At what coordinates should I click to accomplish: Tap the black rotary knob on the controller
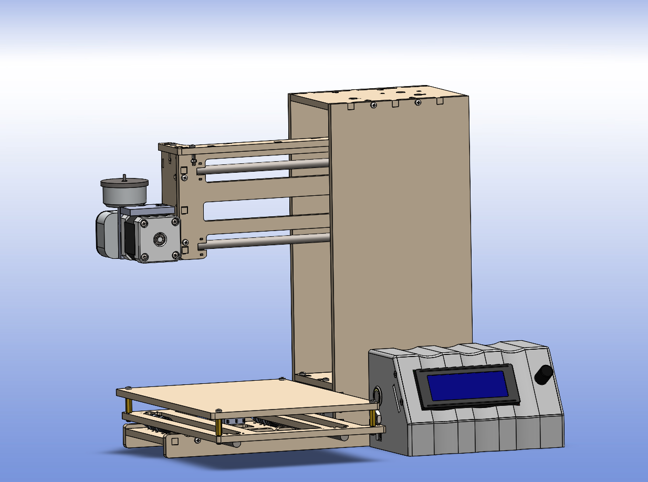544,374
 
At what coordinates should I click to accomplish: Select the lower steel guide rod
263,242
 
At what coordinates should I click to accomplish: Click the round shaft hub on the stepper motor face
158,239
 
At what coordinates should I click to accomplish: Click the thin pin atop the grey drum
124,177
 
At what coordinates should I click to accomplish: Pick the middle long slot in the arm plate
263,209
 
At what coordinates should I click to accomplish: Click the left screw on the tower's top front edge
373,105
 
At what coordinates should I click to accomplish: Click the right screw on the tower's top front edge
418,103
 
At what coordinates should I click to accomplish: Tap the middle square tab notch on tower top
395,104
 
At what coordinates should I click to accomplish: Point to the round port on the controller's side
377,394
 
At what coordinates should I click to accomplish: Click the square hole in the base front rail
175,442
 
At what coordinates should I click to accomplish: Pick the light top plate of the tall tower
378,95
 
